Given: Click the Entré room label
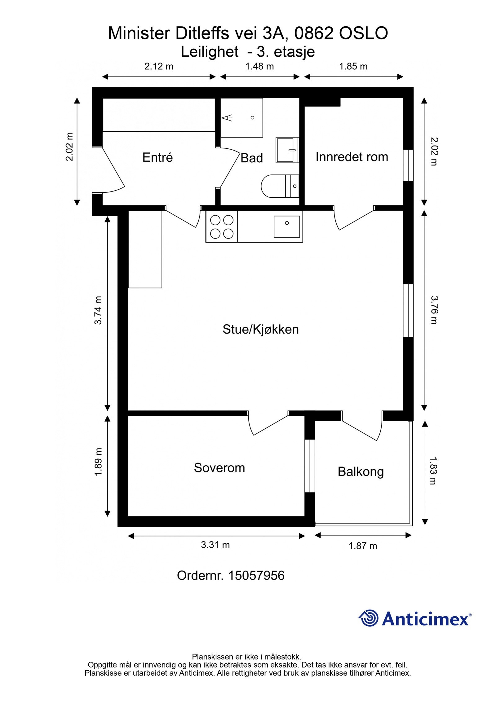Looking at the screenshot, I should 157,157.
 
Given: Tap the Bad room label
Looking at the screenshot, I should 251,158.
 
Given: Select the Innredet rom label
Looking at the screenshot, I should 352,157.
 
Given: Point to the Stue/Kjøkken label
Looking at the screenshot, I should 260,329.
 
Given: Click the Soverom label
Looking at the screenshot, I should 219,468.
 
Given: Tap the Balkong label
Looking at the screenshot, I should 361,472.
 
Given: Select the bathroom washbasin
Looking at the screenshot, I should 287,150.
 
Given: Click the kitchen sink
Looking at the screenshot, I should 286,227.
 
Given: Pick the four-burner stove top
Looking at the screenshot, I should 222,227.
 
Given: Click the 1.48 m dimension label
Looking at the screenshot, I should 259,66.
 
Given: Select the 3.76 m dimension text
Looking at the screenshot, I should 434,310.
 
